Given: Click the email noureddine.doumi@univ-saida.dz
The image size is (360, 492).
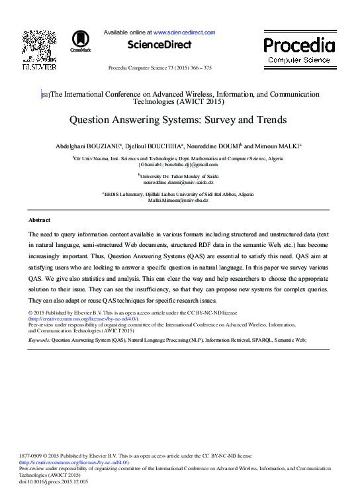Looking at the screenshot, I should tap(179, 181).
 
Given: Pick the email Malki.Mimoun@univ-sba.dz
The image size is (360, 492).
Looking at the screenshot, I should tap(179, 199).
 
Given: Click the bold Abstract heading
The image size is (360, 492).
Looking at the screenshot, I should tap(39, 219).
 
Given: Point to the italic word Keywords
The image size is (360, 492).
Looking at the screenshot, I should tap(39, 339).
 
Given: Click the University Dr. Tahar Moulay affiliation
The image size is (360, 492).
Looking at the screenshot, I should tap(179, 175).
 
